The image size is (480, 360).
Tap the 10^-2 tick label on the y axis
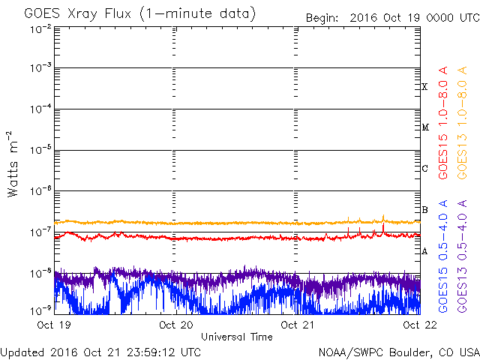[40, 29]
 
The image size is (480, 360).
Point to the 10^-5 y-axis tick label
[40, 151]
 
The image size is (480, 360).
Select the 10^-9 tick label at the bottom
[40, 309]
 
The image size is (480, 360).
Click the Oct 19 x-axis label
[53, 325]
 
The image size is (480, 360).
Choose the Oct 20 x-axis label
[174, 325]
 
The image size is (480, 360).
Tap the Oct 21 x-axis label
[294, 325]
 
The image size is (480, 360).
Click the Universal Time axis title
[236, 337]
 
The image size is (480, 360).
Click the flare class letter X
[424, 87]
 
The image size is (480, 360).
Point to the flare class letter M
[424, 127]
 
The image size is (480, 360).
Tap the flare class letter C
[424, 169]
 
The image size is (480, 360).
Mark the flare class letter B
[424, 210]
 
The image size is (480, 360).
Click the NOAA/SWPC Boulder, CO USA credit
[398, 352]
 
